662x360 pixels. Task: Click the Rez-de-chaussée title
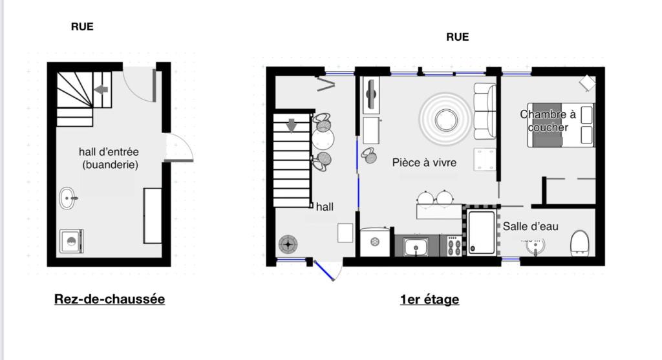(109, 299)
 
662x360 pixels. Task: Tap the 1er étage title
(429, 299)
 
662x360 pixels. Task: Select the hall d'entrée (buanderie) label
(109, 158)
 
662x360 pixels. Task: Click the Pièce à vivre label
(424, 162)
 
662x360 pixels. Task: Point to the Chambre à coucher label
(548, 121)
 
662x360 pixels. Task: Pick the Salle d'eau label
(530, 226)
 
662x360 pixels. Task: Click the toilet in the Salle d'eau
(580, 243)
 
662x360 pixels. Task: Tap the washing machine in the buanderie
(71, 241)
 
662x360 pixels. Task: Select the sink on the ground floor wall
(68, 198)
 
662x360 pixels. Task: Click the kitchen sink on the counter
(416, 246)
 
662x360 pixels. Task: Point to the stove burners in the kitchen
(454, 246)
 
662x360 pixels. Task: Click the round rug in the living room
(445, 120)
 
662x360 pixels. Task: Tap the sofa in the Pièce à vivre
(485, 111)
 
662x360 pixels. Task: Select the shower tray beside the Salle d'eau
(481, 232)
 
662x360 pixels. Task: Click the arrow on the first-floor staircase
(292, 125)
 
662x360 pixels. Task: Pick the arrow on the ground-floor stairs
(101, 89)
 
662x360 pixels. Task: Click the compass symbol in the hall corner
(288, 244)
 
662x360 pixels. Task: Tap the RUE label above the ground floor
(82, 26)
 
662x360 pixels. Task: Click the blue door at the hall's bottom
(325, 271)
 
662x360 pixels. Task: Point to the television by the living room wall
(371, 94)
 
